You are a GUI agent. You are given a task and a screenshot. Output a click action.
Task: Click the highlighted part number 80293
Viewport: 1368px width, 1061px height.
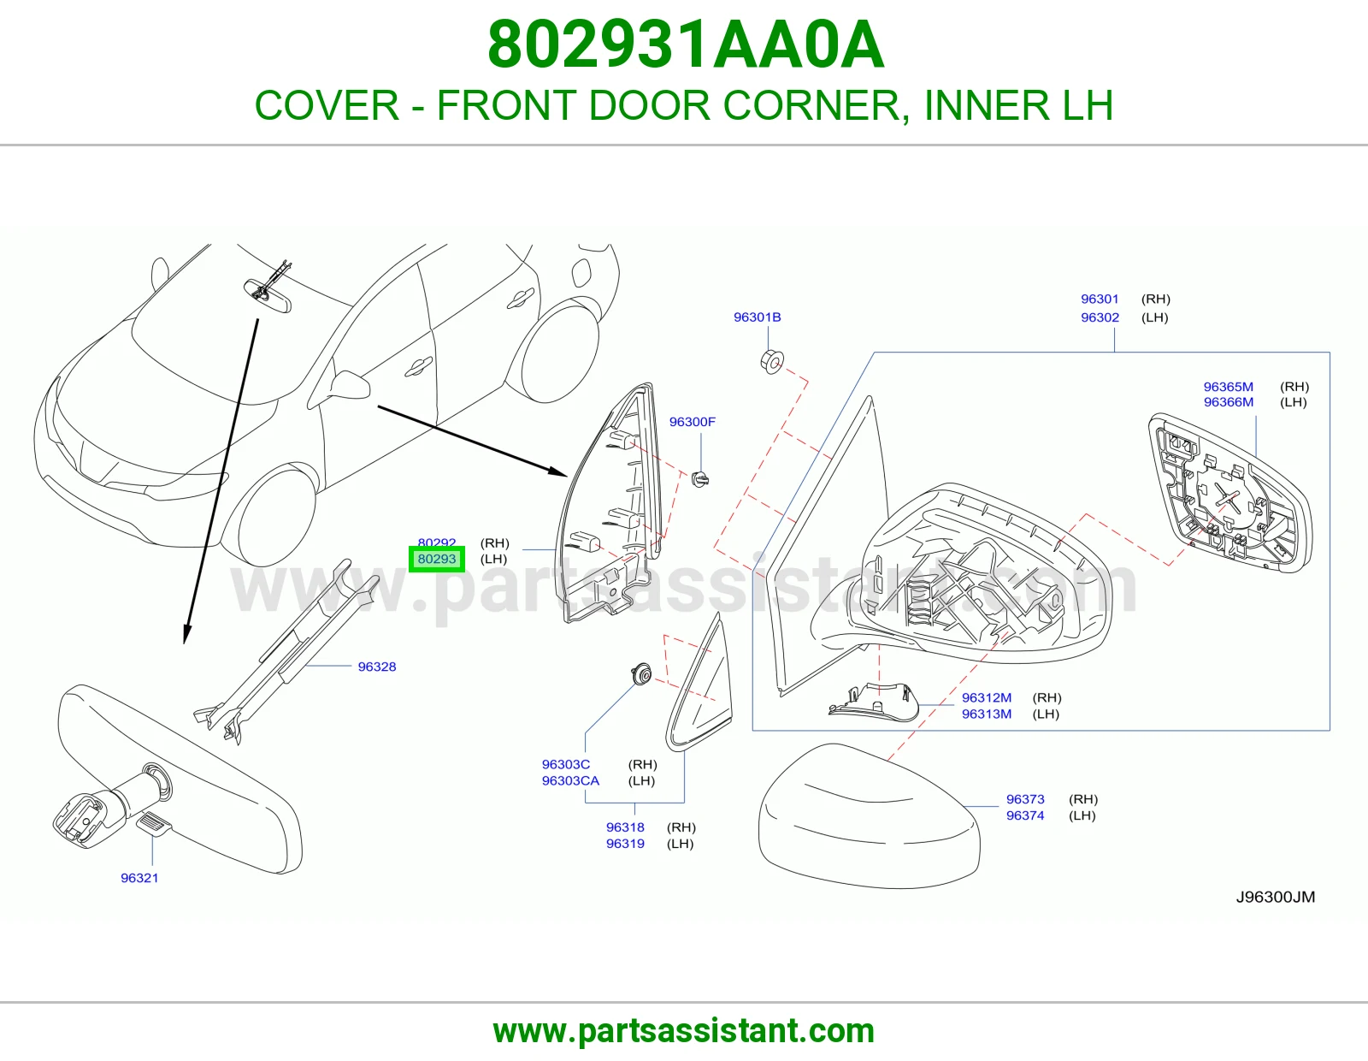click(x=436, y=559)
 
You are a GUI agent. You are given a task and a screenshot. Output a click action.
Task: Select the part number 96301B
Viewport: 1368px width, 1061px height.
click(x=757, y=317)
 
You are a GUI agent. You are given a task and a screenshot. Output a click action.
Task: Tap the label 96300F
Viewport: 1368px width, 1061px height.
click(x=692, y=422)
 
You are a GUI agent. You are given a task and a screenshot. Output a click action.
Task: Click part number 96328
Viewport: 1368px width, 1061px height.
click(x=376, y=667)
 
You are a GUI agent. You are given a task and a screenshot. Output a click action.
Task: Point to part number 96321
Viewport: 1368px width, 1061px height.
click(x=139, y=878)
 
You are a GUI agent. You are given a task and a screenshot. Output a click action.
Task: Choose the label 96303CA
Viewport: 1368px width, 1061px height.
click(x=570, y=780)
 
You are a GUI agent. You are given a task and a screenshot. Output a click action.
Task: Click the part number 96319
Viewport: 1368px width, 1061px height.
click(x=625, y=844)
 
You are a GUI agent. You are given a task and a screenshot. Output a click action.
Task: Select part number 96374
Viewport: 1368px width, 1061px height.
click(x=1025, y=815)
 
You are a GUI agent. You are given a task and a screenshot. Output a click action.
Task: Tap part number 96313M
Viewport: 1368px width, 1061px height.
click(x=987, y=714)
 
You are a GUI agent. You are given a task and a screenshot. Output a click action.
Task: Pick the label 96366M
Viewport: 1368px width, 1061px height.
click(x=1229, y=402)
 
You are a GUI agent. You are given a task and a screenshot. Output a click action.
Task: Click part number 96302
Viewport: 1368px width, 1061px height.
click(x=1100, y=317)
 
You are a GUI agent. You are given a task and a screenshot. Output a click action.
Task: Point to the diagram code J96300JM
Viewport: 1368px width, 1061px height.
click(x=1276, y=897)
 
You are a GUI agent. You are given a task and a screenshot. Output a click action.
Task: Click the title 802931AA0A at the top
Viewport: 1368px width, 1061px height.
click(x=685, y=44)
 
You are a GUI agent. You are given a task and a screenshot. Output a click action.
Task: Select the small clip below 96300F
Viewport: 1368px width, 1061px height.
click(x=699, y=478)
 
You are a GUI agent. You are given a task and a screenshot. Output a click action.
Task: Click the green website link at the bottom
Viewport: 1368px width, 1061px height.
click(x=684, y=1031)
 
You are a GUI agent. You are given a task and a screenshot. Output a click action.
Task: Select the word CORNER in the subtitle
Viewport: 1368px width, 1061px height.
click(x=812, y=105)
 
